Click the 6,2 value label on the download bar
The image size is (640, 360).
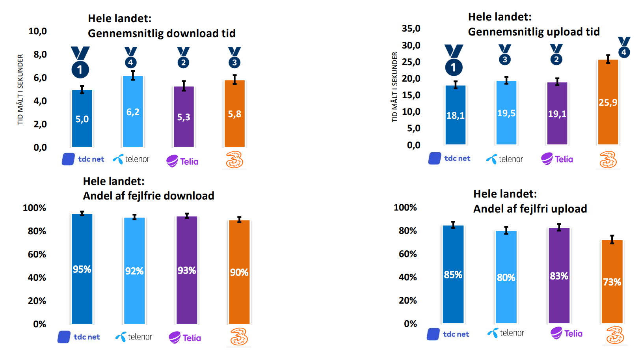point(133,112)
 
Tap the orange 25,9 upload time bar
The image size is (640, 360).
point(608,118)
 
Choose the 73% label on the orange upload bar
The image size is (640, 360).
point(612,282)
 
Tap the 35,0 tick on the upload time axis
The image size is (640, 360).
point(411,28)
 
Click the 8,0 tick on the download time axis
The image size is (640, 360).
point(40,54)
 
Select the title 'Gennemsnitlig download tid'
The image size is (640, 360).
point(162,33)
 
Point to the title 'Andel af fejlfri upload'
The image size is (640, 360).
point(530,209)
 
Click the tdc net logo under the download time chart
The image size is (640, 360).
point(83,159)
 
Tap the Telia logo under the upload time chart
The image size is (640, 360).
point(557,159)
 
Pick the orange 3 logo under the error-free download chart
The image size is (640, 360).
point(239,337)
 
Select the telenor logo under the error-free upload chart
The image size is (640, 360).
point(506,333)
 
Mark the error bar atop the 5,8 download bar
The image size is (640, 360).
point(234,79)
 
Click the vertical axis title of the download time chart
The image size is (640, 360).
point(20,90)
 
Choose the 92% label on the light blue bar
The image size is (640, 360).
point(134,271)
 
